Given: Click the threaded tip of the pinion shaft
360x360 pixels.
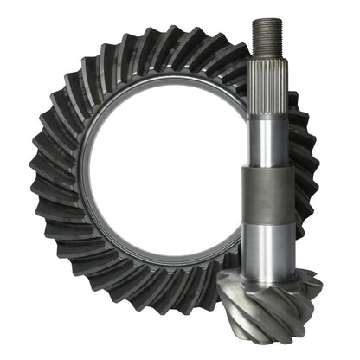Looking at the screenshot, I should point(265,40).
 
